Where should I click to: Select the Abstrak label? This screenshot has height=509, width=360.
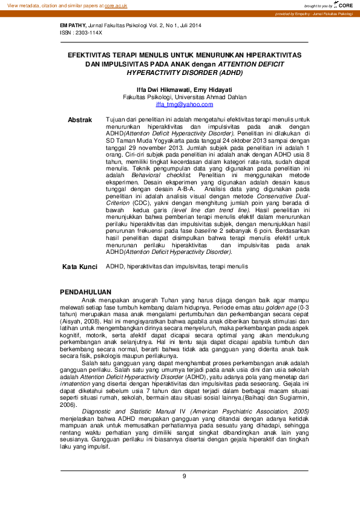coord(80,120)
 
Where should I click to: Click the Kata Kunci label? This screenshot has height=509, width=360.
coord(80,267)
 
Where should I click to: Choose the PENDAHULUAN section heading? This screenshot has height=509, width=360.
coord(87,292)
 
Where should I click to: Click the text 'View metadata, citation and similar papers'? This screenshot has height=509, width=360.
coord(55,5)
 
